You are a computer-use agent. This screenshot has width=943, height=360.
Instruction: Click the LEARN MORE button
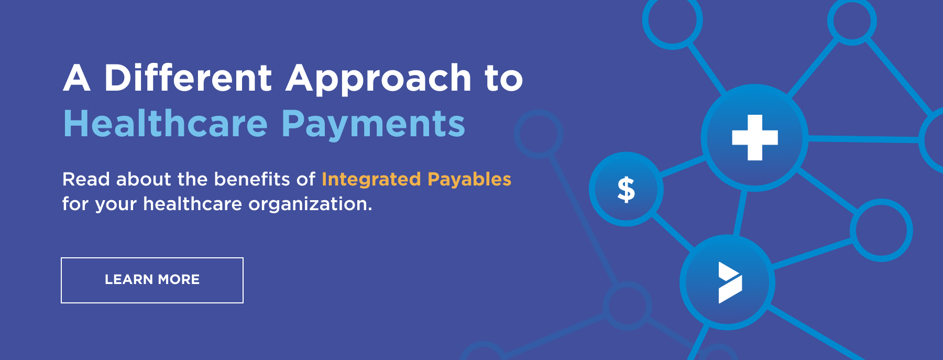click(152, 280)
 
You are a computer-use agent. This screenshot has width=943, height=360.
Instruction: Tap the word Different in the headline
click(188, 78)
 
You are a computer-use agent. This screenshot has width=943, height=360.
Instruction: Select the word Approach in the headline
click(379, 79)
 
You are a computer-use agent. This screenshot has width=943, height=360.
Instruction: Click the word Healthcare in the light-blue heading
click(166, 124)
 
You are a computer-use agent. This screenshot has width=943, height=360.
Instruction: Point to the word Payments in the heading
click(374, 126)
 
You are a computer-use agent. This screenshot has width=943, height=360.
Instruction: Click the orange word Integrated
click(371, 180)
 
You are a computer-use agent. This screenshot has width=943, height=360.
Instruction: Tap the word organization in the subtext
click(310, 204)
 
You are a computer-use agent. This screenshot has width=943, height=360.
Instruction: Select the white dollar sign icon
click(626, 189)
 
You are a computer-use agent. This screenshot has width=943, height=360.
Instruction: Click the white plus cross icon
click(755, 137)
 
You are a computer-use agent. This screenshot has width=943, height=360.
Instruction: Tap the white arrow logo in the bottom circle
click(730, 282)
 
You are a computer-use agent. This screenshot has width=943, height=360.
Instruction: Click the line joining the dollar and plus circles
click(683, 166)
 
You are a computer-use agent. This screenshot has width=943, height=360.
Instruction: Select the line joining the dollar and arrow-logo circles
click(673, 231)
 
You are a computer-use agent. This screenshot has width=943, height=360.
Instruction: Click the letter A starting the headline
click(77, 78)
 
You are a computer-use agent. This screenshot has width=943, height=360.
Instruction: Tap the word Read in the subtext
click(86, 179)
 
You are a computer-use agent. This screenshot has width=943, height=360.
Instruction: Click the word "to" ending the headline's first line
click(504, 79)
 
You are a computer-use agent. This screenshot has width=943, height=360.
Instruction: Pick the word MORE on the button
click(179, 280)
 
